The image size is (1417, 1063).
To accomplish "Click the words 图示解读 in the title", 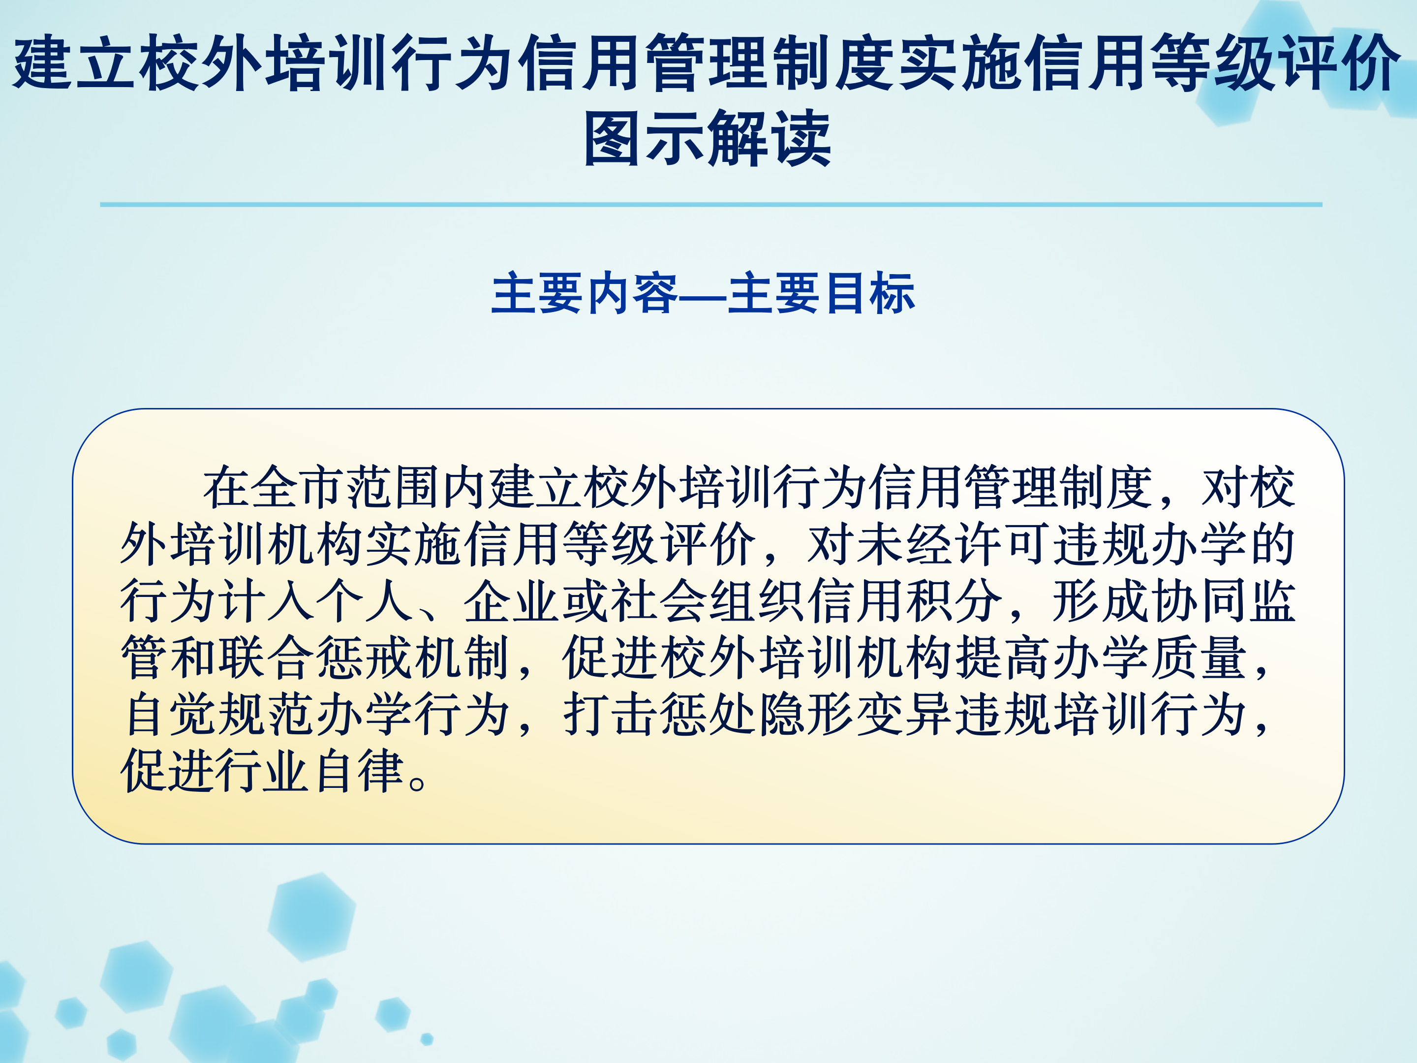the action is [x=708, y=138].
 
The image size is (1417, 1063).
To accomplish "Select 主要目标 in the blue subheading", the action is [x=822, y=293].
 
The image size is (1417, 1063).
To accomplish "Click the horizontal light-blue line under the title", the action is [x=711, y=204].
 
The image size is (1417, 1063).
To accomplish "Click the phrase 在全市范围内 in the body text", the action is [x=346, y=487].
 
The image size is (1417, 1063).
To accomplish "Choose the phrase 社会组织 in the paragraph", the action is [x=708, y=601].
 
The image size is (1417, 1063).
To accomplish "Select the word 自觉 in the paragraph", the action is [x=169, y=715].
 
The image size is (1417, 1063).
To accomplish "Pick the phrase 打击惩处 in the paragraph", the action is [x=661, y=715].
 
